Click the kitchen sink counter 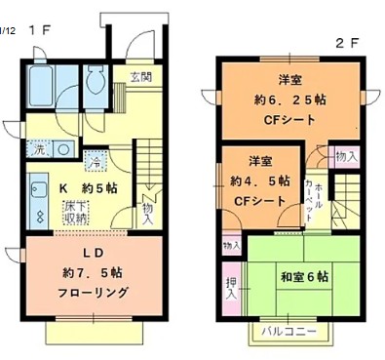(x=40, y=201)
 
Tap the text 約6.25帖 (x=285, y=100)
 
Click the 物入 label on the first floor (x=146, y=212)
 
